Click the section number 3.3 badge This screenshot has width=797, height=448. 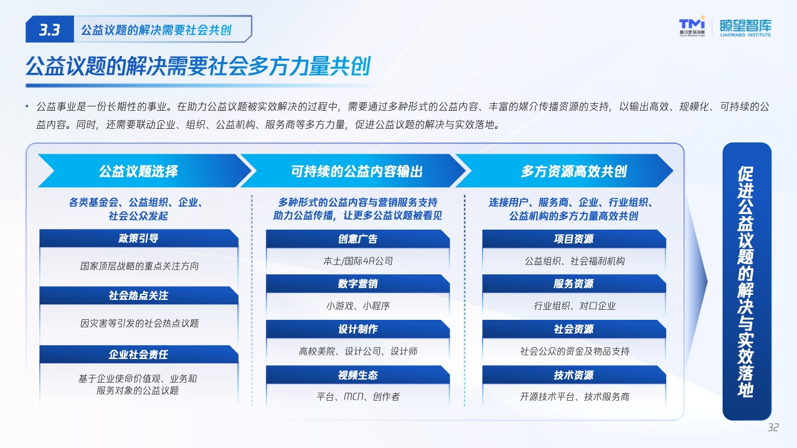click(50, 29)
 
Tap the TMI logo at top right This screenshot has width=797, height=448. click(692, 26)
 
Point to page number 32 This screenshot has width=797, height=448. click(773, 427)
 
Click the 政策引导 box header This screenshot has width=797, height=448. click(139, 238)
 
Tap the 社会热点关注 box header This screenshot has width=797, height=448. click(139, 296)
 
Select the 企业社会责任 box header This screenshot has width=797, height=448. click(139, 354)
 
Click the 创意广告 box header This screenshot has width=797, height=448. click(357, 239)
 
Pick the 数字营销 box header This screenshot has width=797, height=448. click(357, 284)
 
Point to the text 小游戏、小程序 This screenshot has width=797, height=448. click(358, 306)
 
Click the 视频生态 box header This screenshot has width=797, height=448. click(357, 375)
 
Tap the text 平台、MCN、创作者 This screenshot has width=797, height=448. click(358, 396)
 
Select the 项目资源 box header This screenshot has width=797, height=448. click(574, 239)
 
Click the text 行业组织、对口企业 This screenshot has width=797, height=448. click(574, 306)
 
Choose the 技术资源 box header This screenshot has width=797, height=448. click(574, 375)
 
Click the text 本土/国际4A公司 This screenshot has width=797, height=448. click(358, 261)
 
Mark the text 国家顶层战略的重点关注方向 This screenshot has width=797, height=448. click(139, 266)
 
